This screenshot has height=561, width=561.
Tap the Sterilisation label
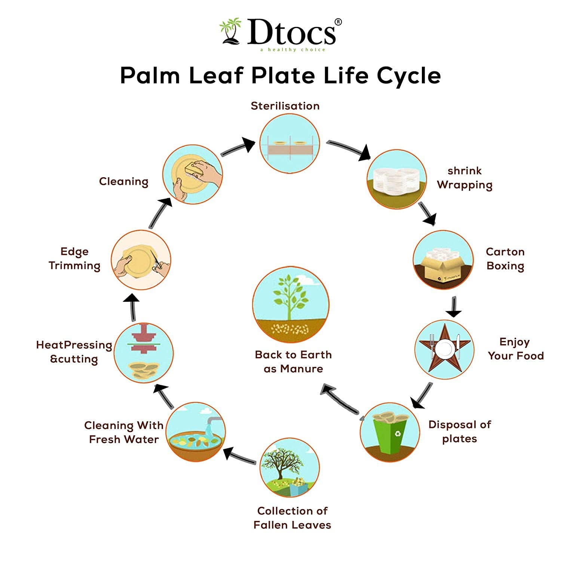[x=285, y=106]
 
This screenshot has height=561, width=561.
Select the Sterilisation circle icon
[x=289, y=144]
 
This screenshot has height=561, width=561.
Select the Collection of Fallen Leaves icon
[x=289, y=467]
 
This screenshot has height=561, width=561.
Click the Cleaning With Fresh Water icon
[x=196, y=432]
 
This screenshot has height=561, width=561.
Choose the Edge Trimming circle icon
[x=141, y=260]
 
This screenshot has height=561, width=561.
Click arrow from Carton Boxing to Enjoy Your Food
[x=454, y=307]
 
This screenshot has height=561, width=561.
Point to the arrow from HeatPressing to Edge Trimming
[x=132, y=307]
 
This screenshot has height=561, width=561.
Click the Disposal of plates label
[x=460, y=432]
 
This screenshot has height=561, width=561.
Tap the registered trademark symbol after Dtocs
[x=338, y=22]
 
